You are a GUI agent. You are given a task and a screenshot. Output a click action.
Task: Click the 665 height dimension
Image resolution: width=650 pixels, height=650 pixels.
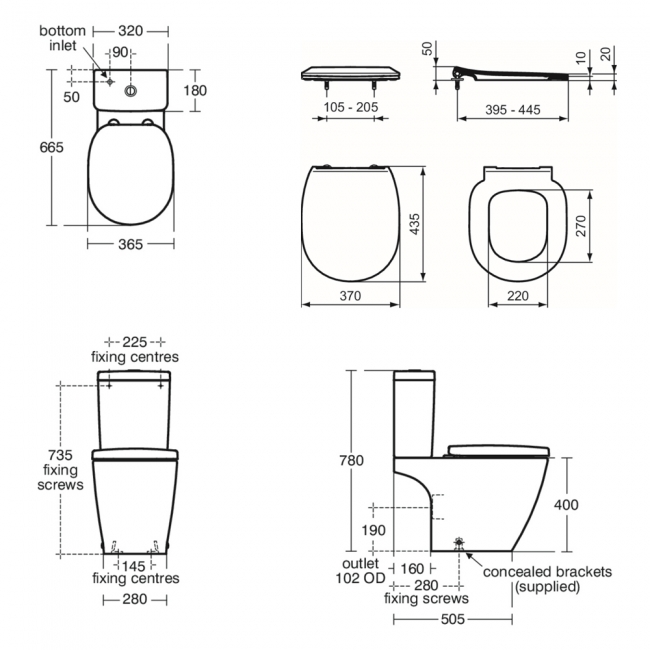pyautogui.click(x=51, y=147)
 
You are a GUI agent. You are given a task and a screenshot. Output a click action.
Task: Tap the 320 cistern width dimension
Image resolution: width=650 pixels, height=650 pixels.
pyautogui.click(x=131, y=31)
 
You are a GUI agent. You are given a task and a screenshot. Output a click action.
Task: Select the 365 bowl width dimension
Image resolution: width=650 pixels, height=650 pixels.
pyautogui.click(x=131, y=244)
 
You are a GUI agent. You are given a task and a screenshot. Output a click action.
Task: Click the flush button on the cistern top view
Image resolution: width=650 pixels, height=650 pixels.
pyautogui.click(x=131, y=91)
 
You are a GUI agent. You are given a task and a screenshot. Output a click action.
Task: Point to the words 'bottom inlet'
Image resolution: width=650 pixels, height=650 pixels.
pyautogui.click(x=62, y=38)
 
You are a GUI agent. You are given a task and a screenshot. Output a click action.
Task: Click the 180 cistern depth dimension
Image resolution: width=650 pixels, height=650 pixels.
pyautogui.click(x=195, y=90)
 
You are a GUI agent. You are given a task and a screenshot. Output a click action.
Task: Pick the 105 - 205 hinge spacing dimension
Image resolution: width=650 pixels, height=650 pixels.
pyautogui.click(x=351, y=107)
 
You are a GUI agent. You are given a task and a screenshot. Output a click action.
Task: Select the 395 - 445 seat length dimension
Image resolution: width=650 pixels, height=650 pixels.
pyautogui.click(x=513, y=110)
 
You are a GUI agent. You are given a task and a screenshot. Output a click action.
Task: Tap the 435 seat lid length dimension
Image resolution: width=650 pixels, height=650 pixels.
pyautogui.click(x=415, y=224)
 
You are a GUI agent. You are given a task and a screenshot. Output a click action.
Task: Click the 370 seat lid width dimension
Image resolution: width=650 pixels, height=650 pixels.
pyautogui.click(x=350, y=296)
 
